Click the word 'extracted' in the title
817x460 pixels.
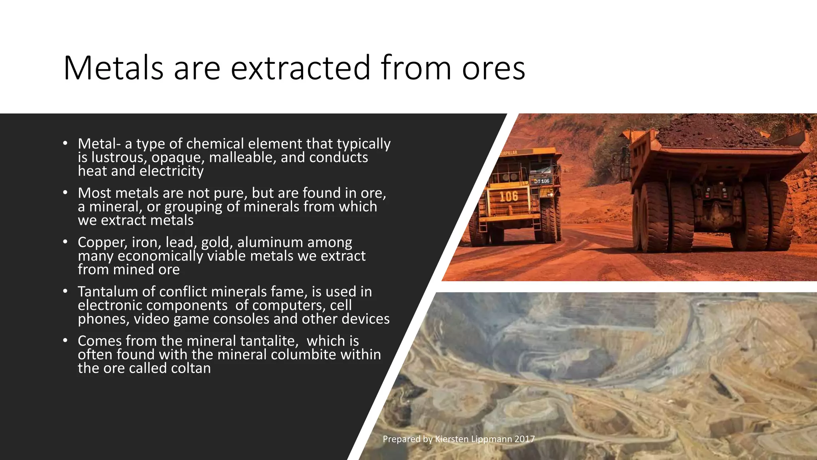[301, 68]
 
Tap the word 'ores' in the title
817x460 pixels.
[493, 68]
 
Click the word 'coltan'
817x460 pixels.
[191, 368]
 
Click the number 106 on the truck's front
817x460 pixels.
[509, 196]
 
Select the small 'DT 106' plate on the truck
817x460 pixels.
[541, 181]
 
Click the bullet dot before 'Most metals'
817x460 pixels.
[65, 192]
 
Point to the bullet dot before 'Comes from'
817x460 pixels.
[65, 341]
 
